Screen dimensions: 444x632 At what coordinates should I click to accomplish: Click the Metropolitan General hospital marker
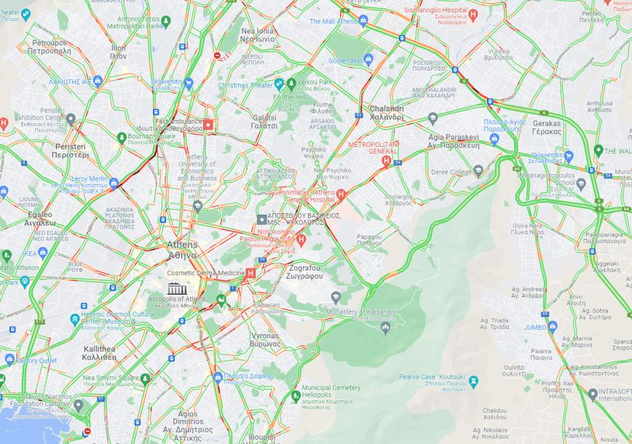coord(387,160)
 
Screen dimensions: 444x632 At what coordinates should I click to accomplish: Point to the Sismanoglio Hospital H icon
coord(473,14)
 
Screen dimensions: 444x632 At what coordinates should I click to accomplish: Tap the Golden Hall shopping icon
coord(369,60)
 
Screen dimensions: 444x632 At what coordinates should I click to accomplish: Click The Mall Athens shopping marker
coord(364,20)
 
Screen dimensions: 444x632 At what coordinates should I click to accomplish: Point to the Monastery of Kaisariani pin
coord(336,297)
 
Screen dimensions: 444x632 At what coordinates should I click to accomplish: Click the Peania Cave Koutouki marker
coord(473,381)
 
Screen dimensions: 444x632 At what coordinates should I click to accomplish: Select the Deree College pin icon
coord(478,171)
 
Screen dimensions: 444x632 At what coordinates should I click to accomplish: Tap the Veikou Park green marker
coord(291,84)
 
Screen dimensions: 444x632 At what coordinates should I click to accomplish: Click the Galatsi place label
coord(264,121)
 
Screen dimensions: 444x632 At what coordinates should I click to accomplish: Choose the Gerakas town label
coord(546,127)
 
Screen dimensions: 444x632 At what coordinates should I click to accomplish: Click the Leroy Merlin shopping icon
coord(114,183)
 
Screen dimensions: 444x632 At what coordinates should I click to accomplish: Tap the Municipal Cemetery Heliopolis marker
coord(296,396)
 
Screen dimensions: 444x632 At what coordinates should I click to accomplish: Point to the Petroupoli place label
coord(50,47)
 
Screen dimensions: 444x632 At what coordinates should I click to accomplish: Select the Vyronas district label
coord(264,339)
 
